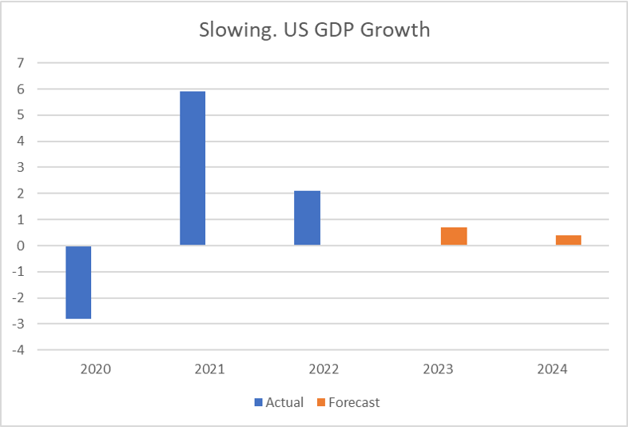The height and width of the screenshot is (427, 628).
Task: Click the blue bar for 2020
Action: tap(78, 282)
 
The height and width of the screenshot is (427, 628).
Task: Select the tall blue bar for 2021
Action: tap(193, 168)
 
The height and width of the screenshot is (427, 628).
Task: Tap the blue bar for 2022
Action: tap(307, 217)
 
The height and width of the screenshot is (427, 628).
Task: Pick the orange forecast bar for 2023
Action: tap(454, 236)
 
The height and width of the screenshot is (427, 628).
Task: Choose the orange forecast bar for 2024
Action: tap(568, 240)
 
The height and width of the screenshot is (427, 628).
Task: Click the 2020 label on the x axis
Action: tap(95, 369)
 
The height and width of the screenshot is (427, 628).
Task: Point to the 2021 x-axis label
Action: tap(209, 369)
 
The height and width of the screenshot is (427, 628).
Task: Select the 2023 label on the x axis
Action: tap(438, 369)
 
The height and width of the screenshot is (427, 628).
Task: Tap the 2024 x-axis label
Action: tap(552, 369)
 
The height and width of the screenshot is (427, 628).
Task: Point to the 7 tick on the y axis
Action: tap(21, 63)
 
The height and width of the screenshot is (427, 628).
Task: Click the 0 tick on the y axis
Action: tap(21, 245)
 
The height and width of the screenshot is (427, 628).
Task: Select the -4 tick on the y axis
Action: tap(18, 349)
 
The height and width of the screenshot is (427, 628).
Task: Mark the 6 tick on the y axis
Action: tap(21, 90)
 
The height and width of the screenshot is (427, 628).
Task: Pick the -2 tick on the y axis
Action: tap(18, 297)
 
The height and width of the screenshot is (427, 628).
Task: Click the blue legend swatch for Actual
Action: tap(258, 402)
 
